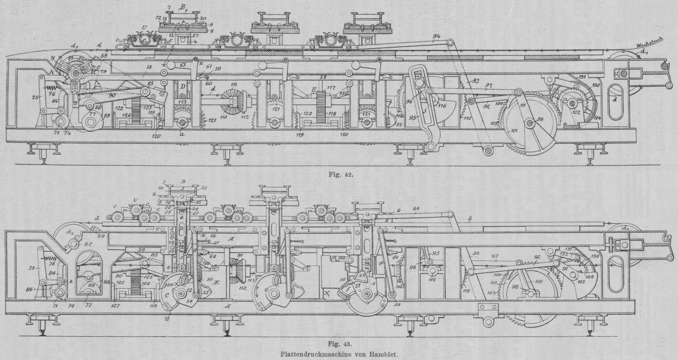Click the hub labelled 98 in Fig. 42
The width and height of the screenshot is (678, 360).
(x=529, y=123)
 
